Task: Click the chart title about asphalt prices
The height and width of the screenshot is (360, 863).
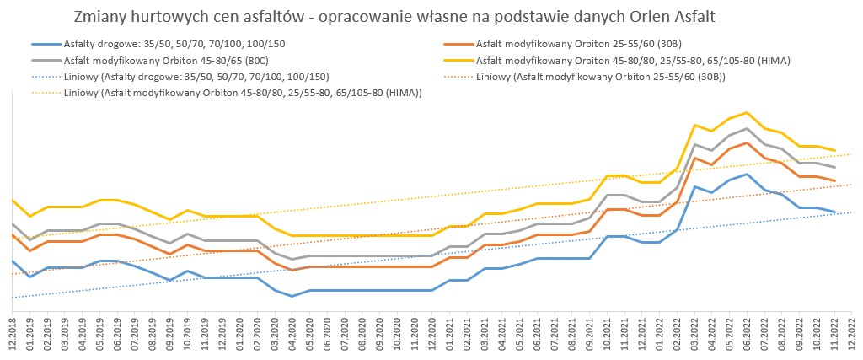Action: click(389, 17)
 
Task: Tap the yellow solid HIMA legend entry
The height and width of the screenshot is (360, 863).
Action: click(632, 60)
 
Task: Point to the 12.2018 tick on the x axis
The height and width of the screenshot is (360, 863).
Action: click(13, 333)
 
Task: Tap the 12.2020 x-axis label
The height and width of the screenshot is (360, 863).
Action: click(432, 333)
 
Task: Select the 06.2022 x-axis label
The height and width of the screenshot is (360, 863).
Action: click(747, 333)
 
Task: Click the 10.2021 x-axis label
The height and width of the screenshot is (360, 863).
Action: click(607, 333)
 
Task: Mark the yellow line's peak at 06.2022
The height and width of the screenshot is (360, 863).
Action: click(747, 112)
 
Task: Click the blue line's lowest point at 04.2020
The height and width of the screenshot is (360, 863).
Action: click(292, 297)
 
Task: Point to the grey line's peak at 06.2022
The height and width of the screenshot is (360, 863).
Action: click(747, 128)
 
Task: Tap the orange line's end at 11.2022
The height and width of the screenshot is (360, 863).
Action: click(834, 181)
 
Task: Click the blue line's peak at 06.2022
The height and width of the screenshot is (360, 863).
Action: click(747, 174)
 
